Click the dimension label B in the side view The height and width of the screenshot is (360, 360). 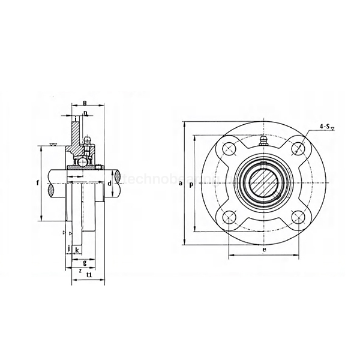85,103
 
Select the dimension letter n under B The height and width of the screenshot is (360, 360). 86,113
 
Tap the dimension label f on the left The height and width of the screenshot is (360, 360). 37,182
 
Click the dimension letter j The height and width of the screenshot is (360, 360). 69,248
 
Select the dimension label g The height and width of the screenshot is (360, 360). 85,262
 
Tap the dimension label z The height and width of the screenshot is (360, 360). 80,271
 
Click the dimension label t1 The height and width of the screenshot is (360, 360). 89,275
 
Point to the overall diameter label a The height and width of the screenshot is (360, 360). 180,184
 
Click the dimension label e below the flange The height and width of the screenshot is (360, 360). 263,248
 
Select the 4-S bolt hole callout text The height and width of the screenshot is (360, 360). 326,127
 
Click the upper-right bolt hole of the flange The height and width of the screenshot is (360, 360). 298,149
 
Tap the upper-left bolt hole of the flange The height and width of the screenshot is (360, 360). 228,149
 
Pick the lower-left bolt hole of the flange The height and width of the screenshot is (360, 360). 228,218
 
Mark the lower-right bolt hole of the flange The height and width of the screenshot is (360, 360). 298,218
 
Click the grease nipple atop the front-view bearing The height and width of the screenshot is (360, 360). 263,142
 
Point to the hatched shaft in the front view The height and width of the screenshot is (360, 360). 263,184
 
